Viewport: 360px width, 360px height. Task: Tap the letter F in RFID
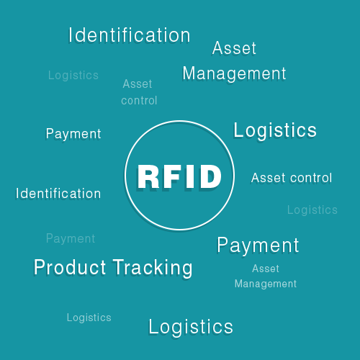click(x=175, y=176)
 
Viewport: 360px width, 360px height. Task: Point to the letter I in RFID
click(x=192, y=176)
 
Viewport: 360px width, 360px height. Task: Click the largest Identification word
click(x=130, y=35)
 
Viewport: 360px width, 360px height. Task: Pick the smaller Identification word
click(x=58, y=194)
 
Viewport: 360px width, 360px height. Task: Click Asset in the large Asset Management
click(x=234, y=49)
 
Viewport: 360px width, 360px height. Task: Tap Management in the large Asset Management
click(x=234, y=73)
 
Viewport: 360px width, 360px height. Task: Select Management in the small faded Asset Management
click(x=266, y=284)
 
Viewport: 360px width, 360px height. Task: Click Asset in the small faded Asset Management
click(x=266, y=269)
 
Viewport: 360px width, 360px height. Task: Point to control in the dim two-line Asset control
click(x=139, y=100)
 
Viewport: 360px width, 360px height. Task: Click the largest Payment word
click(x=258, y=246)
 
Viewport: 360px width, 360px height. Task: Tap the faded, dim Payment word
click(x=71, y=238)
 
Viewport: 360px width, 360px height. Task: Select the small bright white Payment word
click(x=73, y=134)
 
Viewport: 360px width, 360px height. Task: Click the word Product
click(x=70, y=268)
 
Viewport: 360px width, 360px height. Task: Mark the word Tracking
click(x=153, y=268)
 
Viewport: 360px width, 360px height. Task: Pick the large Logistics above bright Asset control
click(x=275, y=130)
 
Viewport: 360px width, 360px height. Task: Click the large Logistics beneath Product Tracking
click(x=191, y=327)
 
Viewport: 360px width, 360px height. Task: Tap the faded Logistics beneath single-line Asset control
click(x=312, y=210)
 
